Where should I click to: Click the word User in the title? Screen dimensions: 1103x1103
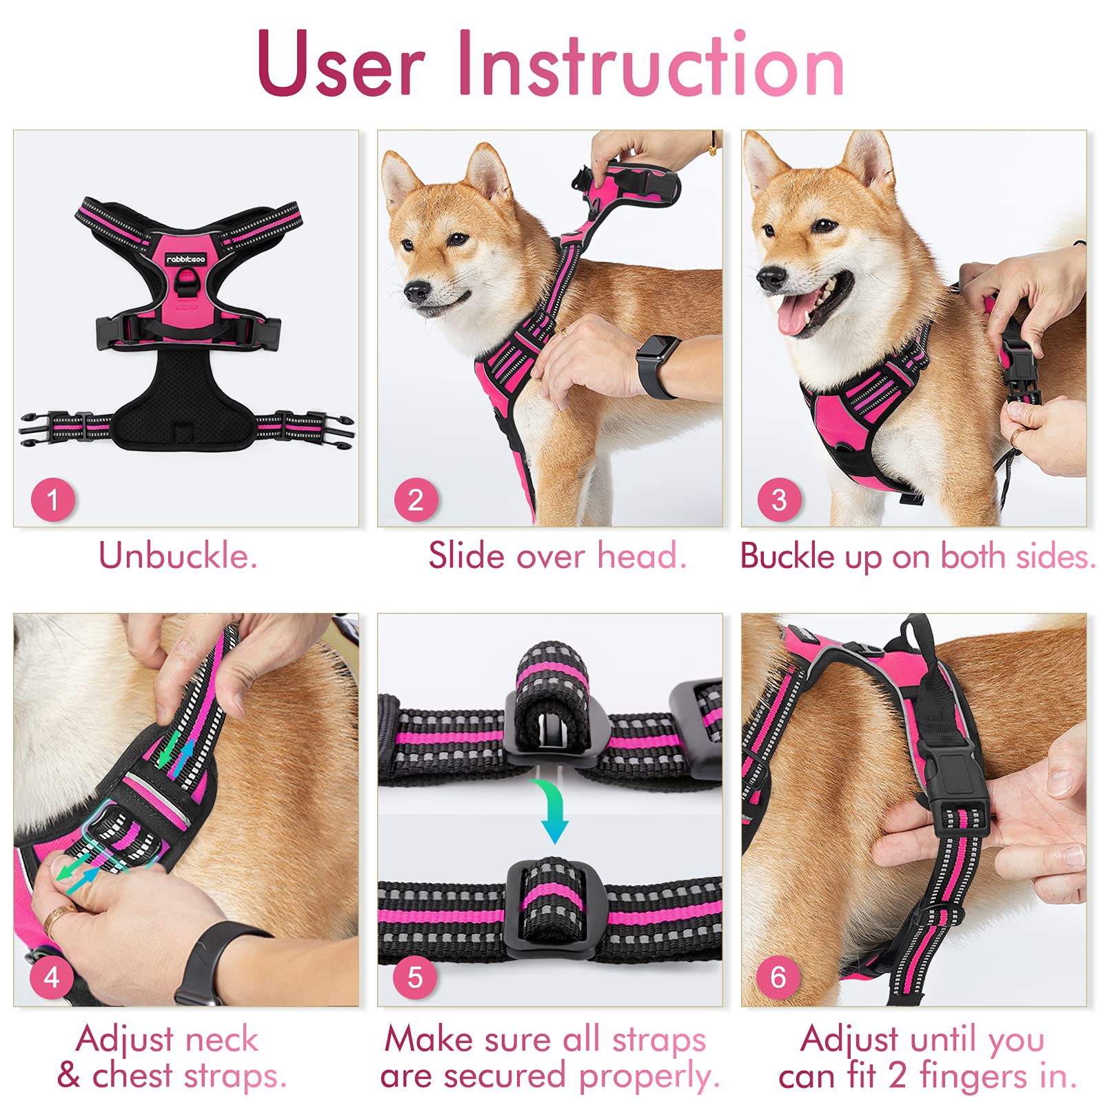pyautogui.click(x=341, y=63)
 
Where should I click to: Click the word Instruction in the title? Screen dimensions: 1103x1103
pyautogui.click(x=651, y=63)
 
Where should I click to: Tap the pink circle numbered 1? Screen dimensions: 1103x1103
pyautogui.click(x=53, y=500)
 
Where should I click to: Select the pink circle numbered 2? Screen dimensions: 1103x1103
pyautogui.click(x=416, y=500)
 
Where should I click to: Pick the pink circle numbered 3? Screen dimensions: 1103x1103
pyautogui.click(x=779, y=500)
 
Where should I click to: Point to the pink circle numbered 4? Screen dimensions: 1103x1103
pyautogui.click(x=52, y=977)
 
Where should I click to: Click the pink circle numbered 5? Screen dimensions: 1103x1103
pyautogui.click(x=415, y=977)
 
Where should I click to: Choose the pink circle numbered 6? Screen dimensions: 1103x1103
pyautogui.click(x=778, y=977)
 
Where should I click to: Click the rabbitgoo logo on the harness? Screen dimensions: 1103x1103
pyautogui.click(x=185, y=259)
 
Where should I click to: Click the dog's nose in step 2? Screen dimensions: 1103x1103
pyautogui.click(x=416, y=292)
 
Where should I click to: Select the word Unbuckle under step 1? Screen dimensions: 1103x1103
pyautogui.click(x=178, y=556)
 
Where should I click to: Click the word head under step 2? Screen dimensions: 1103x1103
pyautogui.click(x=641, y=556)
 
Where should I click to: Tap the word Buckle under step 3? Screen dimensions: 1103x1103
pyautogui.click(x=787, y=556)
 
